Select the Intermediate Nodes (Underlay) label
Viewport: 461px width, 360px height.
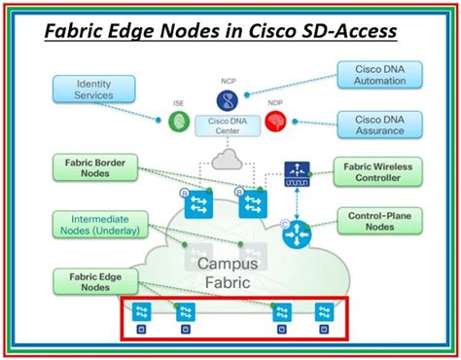tap(93, 225)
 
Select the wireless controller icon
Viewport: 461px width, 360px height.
tap(296, 172)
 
